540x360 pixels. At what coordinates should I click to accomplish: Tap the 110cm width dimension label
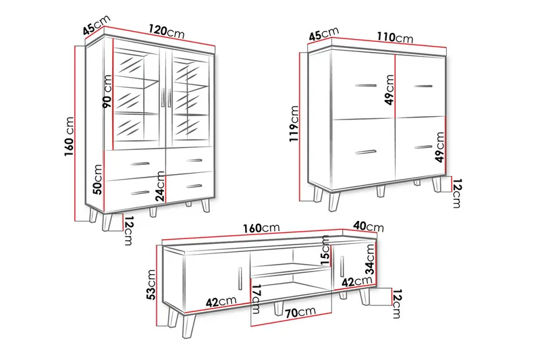395,36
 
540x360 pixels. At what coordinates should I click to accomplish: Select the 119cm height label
294,124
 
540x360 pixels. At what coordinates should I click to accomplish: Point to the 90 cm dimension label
107,92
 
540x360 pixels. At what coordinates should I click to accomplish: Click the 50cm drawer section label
98,179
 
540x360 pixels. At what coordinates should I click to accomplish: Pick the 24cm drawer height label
160,186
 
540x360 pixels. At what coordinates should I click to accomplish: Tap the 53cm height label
151,284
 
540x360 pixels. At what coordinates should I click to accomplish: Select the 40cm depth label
369,226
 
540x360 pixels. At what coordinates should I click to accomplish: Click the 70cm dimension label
300,312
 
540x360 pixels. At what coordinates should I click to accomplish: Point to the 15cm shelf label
325,251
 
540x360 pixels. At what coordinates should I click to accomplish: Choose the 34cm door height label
369,259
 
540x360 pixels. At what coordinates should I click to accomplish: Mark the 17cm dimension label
256,299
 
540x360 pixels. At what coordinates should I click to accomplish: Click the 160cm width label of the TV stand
261,228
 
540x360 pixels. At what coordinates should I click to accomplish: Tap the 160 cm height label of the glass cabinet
70,136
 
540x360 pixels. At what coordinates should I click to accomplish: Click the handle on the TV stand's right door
342,266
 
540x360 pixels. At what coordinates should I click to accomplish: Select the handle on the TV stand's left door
240,278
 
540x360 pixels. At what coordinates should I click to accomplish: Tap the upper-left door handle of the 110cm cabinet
366,85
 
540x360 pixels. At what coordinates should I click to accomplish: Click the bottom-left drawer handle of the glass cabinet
140,193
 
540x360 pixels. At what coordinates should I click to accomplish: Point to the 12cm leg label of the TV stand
398,303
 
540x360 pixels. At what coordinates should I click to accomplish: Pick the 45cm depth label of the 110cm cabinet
324,34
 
